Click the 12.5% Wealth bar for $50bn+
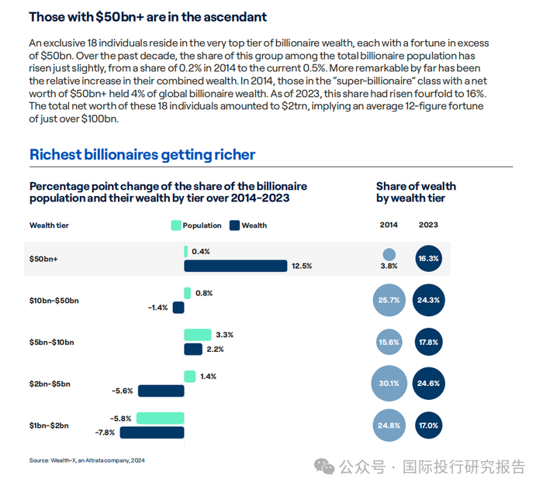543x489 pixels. tap(235, 266)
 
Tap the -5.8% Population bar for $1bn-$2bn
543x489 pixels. tap(161, 418)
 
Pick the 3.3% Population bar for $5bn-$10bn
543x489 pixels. tap(197, 335)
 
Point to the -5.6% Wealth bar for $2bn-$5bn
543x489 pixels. tap(161, 391)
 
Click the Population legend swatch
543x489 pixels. tap(175, 226)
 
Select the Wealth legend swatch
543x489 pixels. tap(234, 226)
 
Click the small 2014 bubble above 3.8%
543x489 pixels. tap(389, 254)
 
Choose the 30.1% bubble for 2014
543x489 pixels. tap(389, 383)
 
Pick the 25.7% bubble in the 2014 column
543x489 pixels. tap(389, 299)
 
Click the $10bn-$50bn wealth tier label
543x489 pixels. tap(54, 300)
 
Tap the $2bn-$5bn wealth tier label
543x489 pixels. tap(50, 384)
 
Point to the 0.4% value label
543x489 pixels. tap(200, 252)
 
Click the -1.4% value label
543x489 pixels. tap(158, 308)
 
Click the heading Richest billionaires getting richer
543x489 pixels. tap(142, 154)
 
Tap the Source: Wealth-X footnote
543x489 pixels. tap(87, 460)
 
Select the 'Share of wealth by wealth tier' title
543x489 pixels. tap(416, 192)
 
